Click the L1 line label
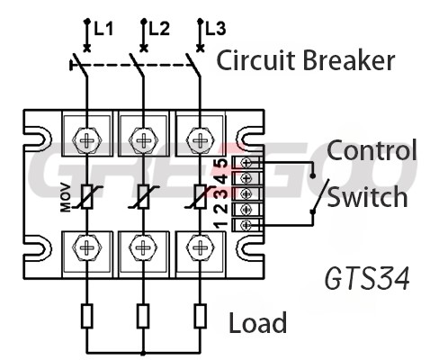point(103,29)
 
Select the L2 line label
point(159,29)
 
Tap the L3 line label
point(216,29)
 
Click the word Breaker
point(349,60)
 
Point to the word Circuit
point(257,60)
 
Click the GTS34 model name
point(367,279)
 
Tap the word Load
point(257,322)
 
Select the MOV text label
point(66,198)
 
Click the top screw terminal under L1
point(87,139)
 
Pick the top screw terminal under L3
point(200,139)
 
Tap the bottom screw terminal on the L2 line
point(143,247)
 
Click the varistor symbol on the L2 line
point(143,197)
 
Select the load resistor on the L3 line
point(200,316)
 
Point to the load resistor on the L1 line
point(87,316)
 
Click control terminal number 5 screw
point(246,163)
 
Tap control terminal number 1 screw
point(246,225)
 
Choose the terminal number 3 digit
point(222,193)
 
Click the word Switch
point(367,196)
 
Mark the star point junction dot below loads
point(143,353)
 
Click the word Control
point(372,149)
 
